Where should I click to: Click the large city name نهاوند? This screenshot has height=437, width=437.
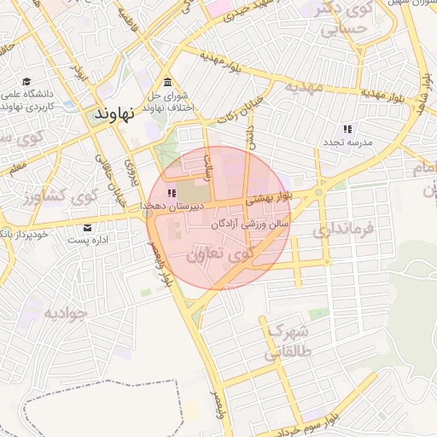coord(112,114)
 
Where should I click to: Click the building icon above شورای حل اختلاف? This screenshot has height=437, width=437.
coord(167,84)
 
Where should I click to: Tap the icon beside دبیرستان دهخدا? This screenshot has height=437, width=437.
coord(171,194)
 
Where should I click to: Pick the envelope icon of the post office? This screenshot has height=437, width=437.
coord(88,228)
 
